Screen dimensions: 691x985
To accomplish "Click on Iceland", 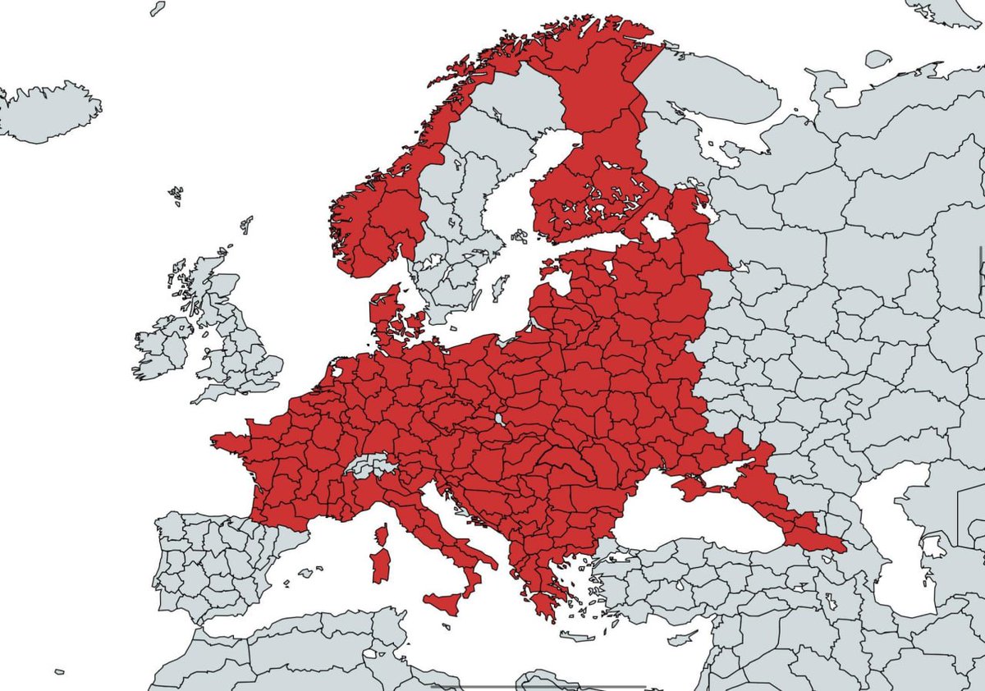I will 49,111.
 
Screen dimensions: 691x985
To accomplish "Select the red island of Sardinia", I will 381,565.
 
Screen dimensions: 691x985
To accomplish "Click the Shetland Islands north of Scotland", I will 246,223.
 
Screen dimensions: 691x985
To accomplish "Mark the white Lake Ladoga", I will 658,227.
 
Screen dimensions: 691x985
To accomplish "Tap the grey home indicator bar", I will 538,686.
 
